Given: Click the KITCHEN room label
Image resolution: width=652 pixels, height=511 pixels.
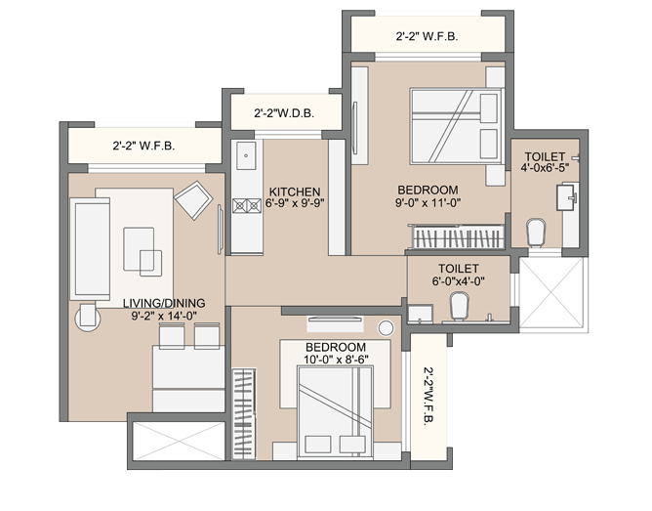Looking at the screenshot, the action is [x=295, y=192].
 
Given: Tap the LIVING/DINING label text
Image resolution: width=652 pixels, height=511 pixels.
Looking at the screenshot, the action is [x=164, y=303].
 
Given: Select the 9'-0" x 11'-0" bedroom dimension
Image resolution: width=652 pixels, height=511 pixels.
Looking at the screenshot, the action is [x=428, y=203].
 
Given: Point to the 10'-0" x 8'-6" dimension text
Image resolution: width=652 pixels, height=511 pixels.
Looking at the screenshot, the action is [x=336, y=360].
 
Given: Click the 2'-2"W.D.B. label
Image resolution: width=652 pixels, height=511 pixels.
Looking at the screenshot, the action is [x=284, y=113].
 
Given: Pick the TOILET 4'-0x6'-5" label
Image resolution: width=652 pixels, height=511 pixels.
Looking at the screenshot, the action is [x=545, y=162].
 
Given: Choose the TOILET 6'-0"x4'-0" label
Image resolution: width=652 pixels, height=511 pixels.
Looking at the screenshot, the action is [x=458, y=275].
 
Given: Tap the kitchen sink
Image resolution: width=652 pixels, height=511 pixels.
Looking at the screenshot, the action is [x=246, y=155].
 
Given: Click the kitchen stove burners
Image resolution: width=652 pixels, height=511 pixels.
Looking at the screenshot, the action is [x=247, y=206].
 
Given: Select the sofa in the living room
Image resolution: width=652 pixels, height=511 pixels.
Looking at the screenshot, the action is [x=90, y=249].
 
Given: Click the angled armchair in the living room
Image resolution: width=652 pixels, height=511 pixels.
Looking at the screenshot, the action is [x=194, y=199].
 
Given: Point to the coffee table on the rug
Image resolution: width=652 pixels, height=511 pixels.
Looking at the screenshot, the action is [x=143, y=251].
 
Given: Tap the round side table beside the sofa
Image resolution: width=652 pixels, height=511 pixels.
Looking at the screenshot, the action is [x=88, y=319].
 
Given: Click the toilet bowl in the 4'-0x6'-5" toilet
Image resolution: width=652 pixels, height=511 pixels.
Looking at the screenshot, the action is [x=536, y=234].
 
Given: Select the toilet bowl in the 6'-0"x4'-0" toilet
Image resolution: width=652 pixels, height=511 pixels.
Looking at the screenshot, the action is [x=459, y=306].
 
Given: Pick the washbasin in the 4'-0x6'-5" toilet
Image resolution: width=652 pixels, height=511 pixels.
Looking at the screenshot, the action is [x=567, y=197].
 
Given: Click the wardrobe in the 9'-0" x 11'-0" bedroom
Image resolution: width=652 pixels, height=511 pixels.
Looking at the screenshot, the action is [x=457, y=237].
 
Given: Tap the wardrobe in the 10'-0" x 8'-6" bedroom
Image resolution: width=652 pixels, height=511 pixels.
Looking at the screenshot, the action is [x=244, y=413].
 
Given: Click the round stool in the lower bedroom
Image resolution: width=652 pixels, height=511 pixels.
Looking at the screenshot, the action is [x=386, y=328].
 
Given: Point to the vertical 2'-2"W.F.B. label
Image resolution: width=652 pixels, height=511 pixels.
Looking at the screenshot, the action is [x=428, y=396].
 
